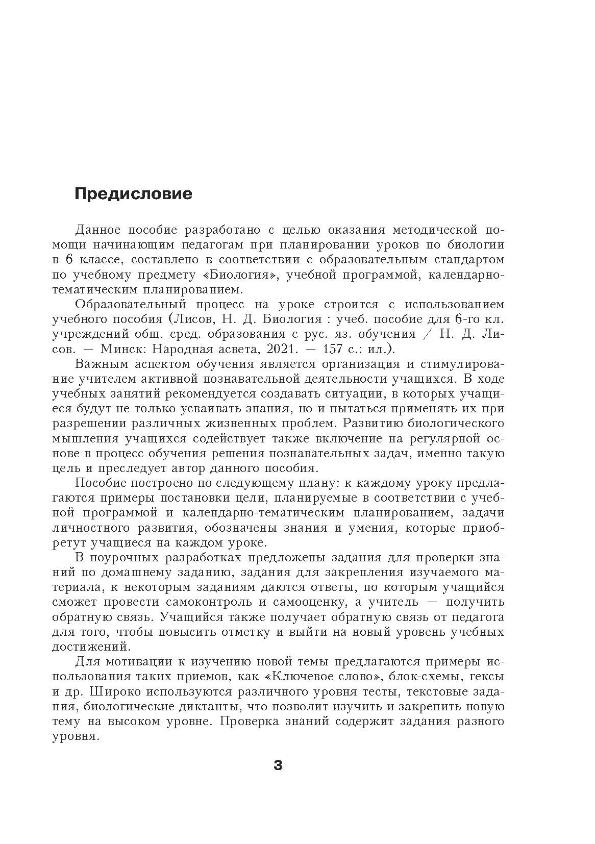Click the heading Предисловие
tap(133, 194)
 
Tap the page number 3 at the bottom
tap(278, 765)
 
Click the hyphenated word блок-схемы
tap(418, 677)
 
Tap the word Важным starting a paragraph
tap(102, 364)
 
